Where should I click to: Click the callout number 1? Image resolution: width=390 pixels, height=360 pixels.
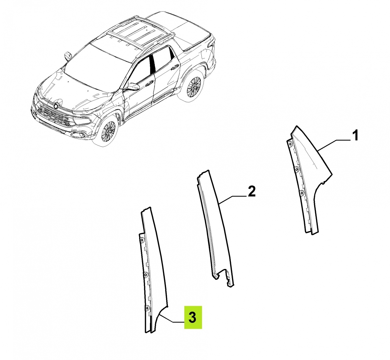[x=354, y=135]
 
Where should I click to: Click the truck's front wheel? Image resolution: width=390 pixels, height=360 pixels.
[x=108, y=131]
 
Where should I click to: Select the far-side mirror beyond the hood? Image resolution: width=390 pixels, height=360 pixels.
[x=68, y=56]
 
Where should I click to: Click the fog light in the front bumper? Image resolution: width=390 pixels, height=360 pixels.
[x=76, y=135]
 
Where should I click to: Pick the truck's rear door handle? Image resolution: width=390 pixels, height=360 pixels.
[x=173, y=68]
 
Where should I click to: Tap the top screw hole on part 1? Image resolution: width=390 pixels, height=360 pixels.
[x=290, y=144]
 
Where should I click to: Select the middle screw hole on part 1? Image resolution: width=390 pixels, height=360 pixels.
[x=297, y=169]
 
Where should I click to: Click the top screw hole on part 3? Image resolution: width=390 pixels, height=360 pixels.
[x=142, y=240]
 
